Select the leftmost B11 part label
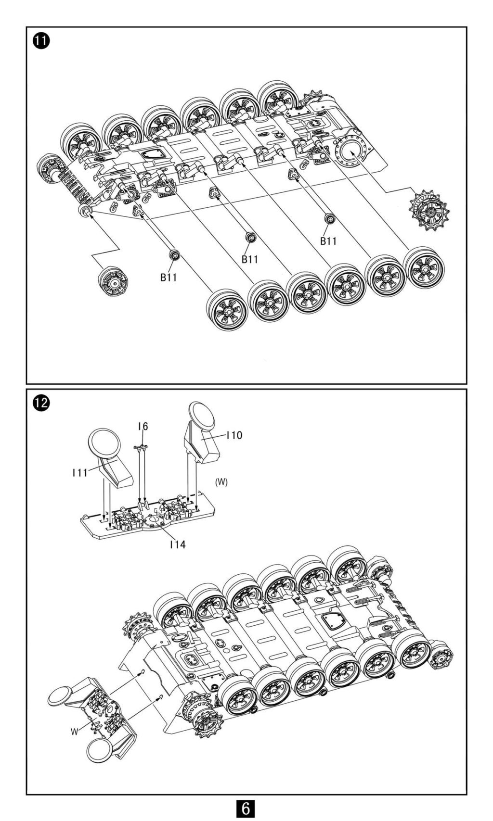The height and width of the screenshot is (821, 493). tap(169, 278)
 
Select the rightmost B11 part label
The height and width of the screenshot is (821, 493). tap(328, 241)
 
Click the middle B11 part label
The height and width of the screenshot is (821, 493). tap(250, 259)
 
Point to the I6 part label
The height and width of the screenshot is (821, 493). tap(143, 426)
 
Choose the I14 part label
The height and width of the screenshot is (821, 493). tap(177, 544)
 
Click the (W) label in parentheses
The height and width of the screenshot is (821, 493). tap(221, 482)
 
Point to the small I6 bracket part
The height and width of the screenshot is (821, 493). tap(140, 448)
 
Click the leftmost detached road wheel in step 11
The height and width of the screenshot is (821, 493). tap(226, 309)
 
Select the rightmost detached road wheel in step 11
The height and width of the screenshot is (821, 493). tap(424, 267)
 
